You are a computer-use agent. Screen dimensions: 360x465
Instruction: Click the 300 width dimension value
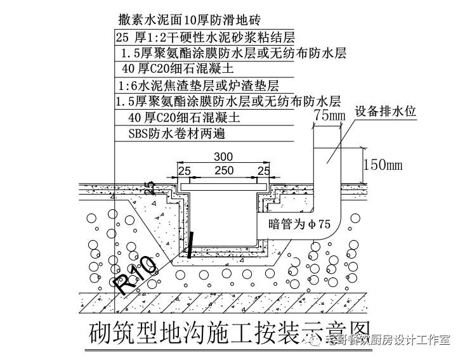[223, 157]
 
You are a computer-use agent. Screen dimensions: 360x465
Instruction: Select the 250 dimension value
[223, 171]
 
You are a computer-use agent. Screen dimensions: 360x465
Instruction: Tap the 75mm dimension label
[329, 115]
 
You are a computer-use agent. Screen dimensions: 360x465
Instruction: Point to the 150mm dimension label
[383, 165]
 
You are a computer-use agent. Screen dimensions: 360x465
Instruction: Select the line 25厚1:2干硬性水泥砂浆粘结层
[206, 37]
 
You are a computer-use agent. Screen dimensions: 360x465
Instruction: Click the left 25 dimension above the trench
[184, 171]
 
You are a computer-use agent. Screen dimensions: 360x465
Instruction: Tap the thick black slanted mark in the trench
[191, 244]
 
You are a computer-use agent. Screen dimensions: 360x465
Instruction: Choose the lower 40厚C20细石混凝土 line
[185, 117]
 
